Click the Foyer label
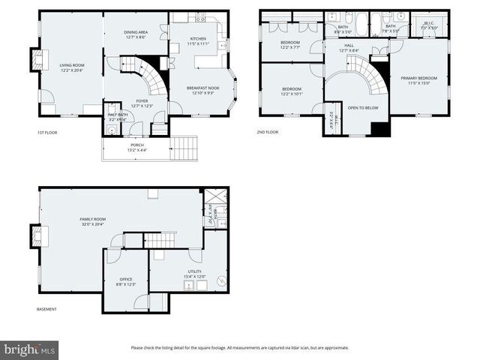142,103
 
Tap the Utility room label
195,274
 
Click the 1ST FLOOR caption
46,132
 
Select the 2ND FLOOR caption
267,132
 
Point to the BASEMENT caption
46,309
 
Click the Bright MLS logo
30,349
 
